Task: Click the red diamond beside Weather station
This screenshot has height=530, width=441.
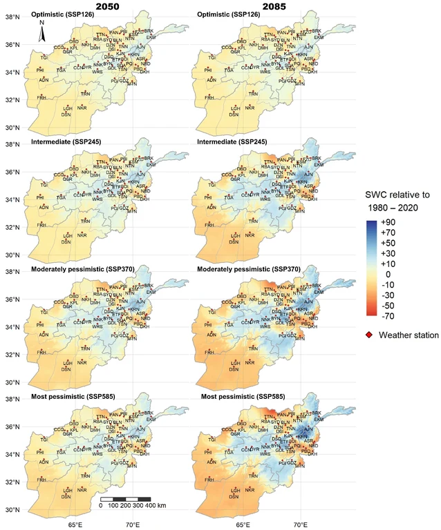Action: (x=370, y=335)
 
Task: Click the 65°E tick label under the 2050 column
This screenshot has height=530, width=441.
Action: (x=75, y=524)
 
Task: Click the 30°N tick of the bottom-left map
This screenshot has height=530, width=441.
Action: (x=12, y=510)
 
